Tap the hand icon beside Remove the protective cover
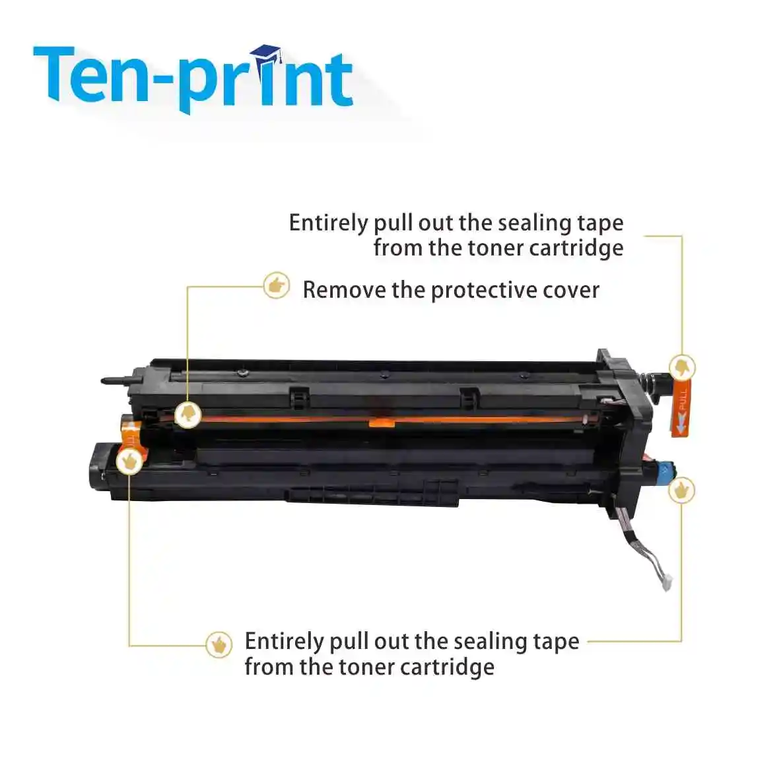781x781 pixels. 276,286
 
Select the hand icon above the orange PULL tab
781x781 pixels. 682,367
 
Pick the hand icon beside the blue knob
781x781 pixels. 681,490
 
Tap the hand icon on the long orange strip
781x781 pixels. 188,414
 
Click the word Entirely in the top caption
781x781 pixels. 329,223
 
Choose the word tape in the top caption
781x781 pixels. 599,223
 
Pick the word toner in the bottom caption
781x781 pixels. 366,667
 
